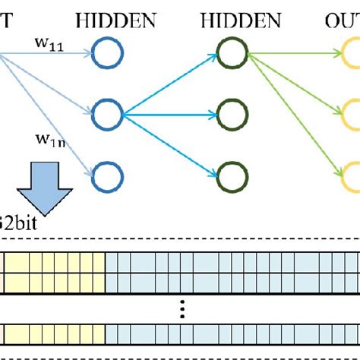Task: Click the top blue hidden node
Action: tap(107, 53)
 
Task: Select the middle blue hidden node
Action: tap(107, 115)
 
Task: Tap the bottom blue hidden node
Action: tap(107, 176)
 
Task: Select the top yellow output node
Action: tap(352, 53)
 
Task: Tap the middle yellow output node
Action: tap(352, 115)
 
